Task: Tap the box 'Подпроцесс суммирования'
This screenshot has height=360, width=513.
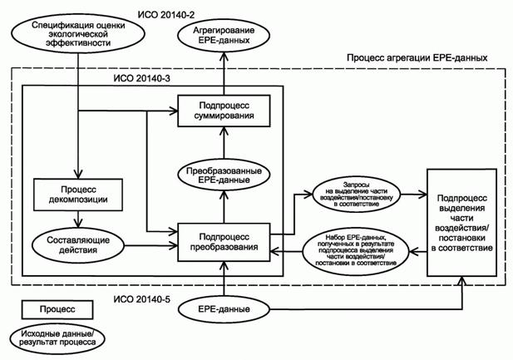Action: coord(224,109)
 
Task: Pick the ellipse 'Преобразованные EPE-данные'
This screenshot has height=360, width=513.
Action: coord(223,176)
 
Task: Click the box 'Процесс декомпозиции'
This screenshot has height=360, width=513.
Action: coord(78,193)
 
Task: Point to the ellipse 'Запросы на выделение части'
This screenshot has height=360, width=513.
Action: coord(356,193)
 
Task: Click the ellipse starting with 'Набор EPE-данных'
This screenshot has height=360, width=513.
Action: coord(356,250)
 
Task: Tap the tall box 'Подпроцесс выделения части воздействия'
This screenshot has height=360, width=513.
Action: coord(461,222)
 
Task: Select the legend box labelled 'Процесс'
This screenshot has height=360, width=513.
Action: coord(52,308)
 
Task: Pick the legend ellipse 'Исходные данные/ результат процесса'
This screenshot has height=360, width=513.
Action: coord(52,336)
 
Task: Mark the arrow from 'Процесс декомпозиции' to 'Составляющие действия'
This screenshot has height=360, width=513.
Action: coord(78,218)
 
